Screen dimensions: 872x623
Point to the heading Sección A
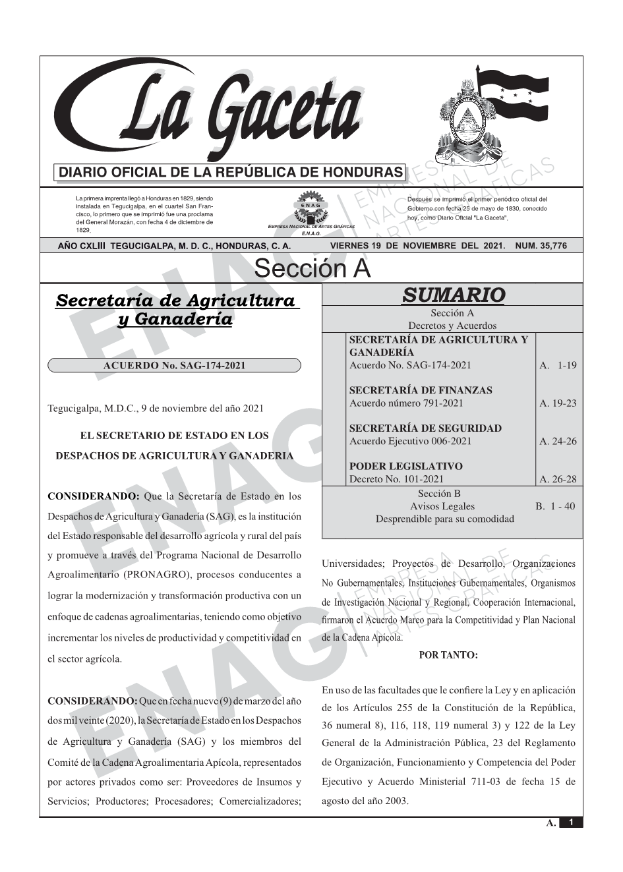click(x=312, y=269)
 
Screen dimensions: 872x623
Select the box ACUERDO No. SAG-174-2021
click(x=175, y=366)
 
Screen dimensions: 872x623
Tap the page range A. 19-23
click(x=558, y=403)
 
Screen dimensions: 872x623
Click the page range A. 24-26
click(x=558, y=442)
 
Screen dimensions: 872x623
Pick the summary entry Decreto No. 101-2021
click(x=396, y=479)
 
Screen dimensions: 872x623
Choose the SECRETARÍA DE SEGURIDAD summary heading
click(x=425, y=428)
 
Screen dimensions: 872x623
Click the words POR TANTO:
click(x=448, y=655)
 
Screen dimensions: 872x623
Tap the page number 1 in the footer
click(x=571, y=823)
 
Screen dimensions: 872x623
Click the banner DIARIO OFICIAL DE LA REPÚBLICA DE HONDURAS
click(x=231, y=173)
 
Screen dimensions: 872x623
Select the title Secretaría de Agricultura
click(x=175, y=301)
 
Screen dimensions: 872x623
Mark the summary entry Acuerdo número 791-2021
click(x=406, y=403)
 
